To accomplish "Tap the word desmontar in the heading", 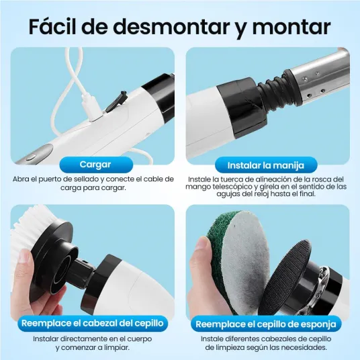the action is click(171, 28).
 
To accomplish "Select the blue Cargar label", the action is click(96, 165).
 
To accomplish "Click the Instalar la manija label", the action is click(266, 165).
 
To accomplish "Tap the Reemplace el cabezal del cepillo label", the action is click(93, 323).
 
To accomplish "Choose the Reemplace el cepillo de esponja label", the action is click(266, 324).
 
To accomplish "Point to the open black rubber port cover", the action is click(117, 101).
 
